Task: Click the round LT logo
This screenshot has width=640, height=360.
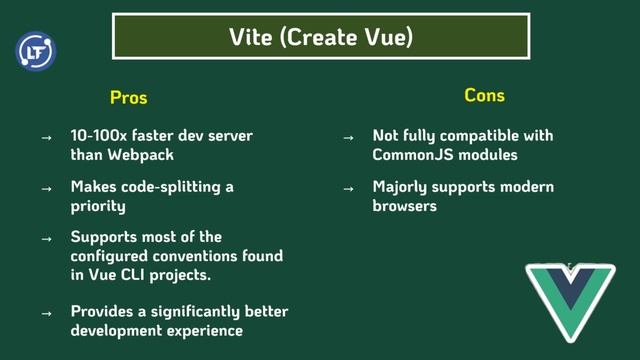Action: pos(36,51)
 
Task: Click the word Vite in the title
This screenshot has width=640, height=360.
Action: pos(251,37)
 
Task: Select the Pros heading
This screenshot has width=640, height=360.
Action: pos(128,97)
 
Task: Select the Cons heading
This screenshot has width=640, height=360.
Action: pos(484,95)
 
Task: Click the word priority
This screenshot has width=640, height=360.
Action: pos(98,206)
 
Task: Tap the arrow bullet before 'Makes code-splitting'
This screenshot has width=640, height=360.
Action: pos(46,188)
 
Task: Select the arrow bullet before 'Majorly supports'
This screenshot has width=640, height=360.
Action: pos(348,188)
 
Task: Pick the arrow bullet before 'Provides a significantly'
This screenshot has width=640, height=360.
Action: pos(46,312)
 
